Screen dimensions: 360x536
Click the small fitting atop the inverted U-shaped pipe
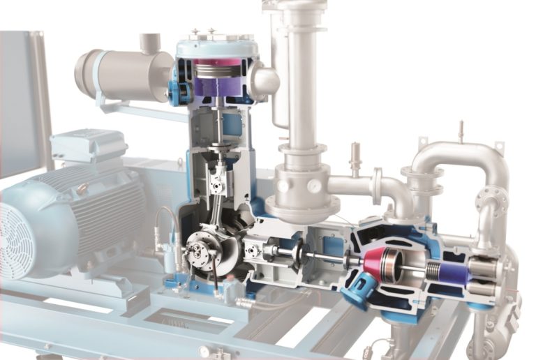tap(460, 131)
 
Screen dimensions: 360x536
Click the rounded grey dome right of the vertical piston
tap(265, 80)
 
